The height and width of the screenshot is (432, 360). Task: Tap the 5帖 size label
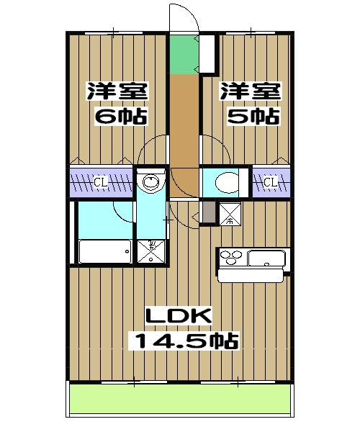(251, 117)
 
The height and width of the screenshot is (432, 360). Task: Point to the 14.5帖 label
(184, 340)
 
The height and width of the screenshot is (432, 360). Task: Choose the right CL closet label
(270, 182)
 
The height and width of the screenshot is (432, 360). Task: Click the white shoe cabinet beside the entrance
(208, 52)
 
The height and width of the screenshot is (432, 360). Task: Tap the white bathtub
(104, 251)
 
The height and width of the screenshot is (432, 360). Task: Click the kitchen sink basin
(267, 258)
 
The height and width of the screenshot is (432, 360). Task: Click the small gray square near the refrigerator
(207, 213)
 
